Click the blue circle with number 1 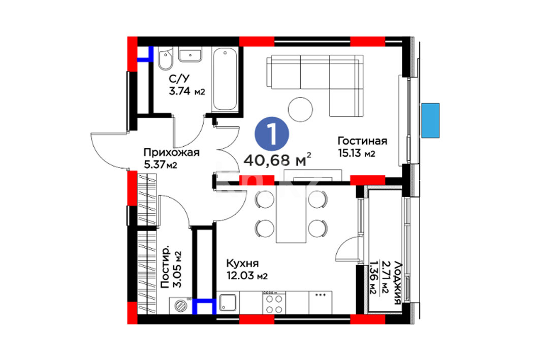click(x=272, y=134)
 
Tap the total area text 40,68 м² click(x=277, y=160)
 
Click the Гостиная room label click(x=362, y=141)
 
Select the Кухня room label click(x=242, y=264)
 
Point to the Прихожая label click(x=172, y=152)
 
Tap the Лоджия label click(x=397, y=283)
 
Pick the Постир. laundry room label click(x=166, y=267)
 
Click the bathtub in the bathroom click(x=225, y=80)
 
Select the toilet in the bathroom click(x=165, y=59)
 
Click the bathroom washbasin click(x=190, y=54)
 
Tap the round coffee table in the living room click(x=300, y=110)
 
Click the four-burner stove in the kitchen click(x=274, y=303)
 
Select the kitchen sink click(x=228, y=303)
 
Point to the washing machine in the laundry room click(x=180, y=306)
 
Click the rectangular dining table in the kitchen click(x=291, y=214)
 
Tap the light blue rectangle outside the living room click(x=430, y=120)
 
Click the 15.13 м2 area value click(x=357, y=153)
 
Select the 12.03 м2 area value click(x=247, y=276)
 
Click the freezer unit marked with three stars click(x=321, y=303)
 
